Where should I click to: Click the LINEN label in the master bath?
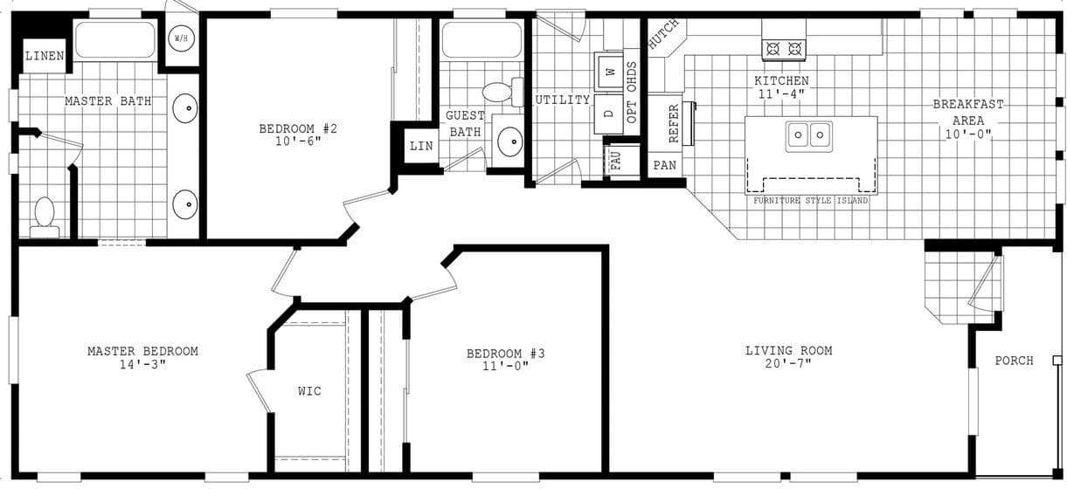[43, 57]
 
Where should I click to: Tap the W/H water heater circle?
[182, 39]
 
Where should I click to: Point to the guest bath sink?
[509, 140]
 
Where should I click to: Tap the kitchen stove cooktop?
[784, 49]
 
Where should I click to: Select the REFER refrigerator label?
[674, 123]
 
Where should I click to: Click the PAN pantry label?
[664, 165]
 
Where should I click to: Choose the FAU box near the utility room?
[614, 160]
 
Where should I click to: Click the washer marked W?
[610, 71]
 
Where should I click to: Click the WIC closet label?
[309, 390]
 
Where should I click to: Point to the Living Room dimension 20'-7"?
[788, 363]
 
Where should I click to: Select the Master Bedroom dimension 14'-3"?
[142, 364]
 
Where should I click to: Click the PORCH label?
[1014, 361]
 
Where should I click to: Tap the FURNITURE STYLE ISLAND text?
[811, 201]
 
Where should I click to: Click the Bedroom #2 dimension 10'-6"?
[297, 141]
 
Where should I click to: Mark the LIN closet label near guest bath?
[420, 146]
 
